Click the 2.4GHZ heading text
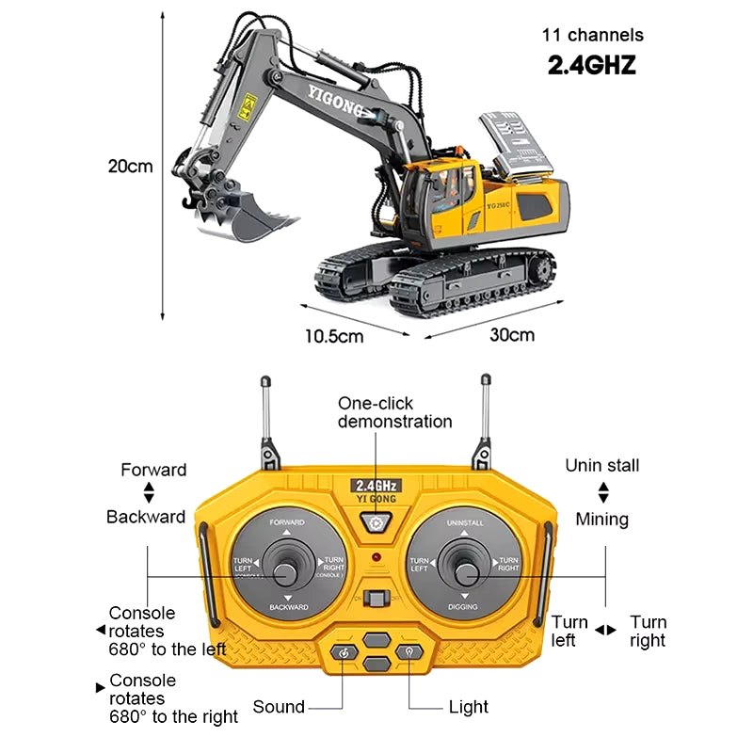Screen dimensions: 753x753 pyautogui.click(x=592, y=65)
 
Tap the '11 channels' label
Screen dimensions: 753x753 pyautogui.click(x=592, y=35)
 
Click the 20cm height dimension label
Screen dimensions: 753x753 pyautogui.click(x=129, y=167)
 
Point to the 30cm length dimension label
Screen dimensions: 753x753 pyautogui.click(x=512, y=335)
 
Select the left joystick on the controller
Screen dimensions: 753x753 pyautogui.click(x=284, y=568)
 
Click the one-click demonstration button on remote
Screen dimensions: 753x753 pyautogui.click(x=377, y=524)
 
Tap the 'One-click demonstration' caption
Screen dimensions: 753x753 pyautogui.click(x=395, y=412)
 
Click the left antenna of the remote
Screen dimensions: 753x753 pyautogui.click(x=266, y=414)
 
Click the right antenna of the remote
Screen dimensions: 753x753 pyautogui.click(x=486, y=414)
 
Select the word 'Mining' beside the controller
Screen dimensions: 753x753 pyautogui.click(x=601, y=519)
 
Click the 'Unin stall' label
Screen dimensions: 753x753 pyautogui.click(x=601, y=465)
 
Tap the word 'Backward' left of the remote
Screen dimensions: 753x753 pyautogui.click(x=145, y=516)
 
